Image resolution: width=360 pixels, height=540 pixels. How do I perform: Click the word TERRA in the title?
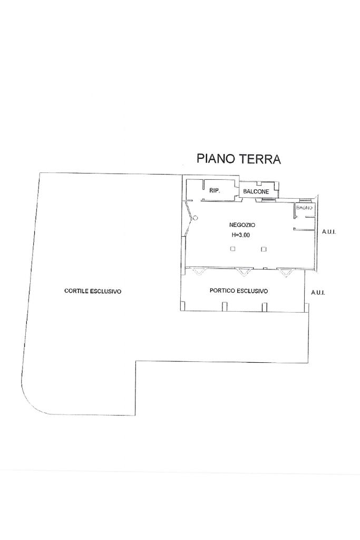260,159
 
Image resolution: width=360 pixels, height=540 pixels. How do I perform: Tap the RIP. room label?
215,190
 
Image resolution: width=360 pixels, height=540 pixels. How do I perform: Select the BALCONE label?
256,191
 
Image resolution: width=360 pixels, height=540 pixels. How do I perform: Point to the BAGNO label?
305,208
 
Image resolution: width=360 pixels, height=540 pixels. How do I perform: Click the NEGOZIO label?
242,225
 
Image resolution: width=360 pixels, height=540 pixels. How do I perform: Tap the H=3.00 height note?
240,236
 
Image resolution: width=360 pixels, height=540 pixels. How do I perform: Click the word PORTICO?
222,291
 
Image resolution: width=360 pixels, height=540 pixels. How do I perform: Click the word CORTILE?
77,291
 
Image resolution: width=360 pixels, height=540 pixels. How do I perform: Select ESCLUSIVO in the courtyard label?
106,291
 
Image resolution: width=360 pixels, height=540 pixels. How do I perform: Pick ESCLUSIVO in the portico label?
252,291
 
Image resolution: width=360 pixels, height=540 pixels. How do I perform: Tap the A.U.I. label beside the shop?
329,232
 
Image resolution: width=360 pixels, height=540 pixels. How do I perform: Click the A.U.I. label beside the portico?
318,293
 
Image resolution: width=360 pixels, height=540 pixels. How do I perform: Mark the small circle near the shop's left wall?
195,218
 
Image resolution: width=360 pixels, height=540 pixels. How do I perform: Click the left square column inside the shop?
232,249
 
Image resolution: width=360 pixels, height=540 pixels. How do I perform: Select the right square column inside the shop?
264,249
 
